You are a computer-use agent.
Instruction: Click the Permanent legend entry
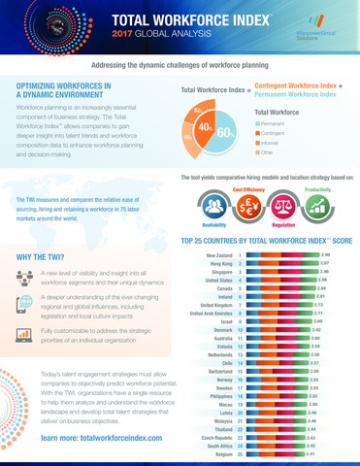click(x=273, y=124)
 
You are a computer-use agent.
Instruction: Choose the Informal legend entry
click(x=274, y=143)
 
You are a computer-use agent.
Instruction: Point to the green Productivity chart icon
click(x=317, y=205)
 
